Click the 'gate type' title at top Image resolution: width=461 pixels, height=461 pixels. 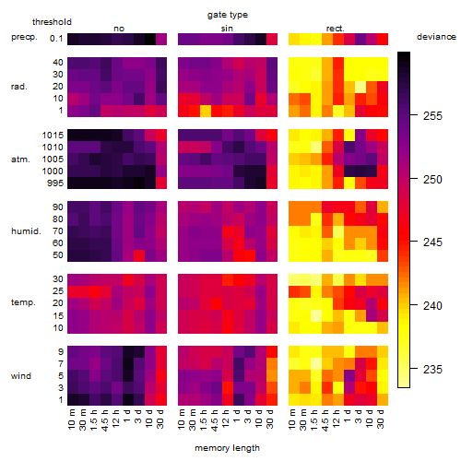click(x=228, y=15)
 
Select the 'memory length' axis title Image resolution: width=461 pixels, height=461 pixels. click(x=227, y=448)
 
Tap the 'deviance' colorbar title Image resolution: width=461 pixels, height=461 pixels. click(x=436, y=37)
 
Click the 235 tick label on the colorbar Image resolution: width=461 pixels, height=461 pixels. click(x=432, y=369)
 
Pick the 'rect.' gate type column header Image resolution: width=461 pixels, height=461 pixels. click(x=336, y=29)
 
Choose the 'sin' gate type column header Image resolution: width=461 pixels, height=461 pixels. click(x=227, y=29)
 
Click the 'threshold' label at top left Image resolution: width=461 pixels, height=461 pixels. click(x=52, y=22)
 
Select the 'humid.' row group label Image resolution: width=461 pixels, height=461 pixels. click(x=26, y=231)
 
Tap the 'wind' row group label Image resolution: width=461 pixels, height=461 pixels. click(x=21, y=376)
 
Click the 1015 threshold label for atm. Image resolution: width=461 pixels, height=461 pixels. click(x=53, y=136)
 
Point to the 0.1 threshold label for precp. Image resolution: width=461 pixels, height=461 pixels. click(x=56, y=39)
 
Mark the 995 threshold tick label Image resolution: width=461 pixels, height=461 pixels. click(x=55, y=183)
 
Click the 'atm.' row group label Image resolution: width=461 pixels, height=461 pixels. click(x=20, y=160)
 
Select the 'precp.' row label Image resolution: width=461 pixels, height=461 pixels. click(x=24, y=38)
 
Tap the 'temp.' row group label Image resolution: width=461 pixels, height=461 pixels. click(x=23, y=302)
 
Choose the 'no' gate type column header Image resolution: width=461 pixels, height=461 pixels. click(x=119, y=29)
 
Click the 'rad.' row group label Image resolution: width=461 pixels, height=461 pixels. click(x=19, y=87)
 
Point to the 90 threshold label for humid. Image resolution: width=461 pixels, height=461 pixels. click(x=58, y=207)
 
